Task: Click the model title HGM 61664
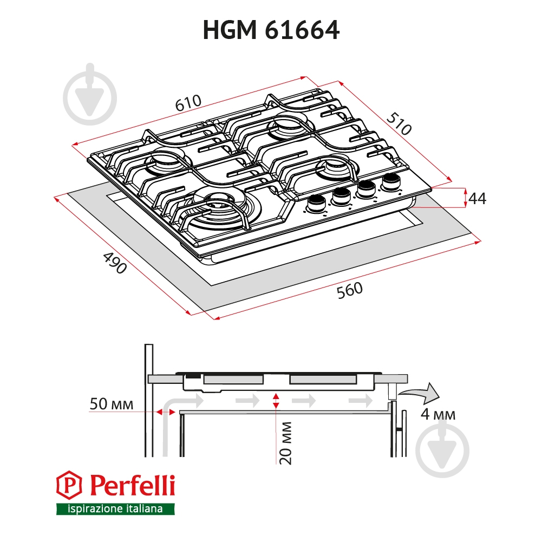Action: pos(271,30)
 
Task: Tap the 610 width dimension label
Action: pos(188,103)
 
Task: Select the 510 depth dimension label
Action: pos(399,123)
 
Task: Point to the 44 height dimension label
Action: pos(478,199)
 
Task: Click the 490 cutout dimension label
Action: pos(115,263)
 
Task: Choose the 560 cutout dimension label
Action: pos(350,290)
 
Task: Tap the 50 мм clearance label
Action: pos(112,404)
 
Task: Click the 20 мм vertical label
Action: pos(286,443)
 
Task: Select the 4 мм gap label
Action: pos(438,414)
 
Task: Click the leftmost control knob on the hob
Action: pos(315,203)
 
